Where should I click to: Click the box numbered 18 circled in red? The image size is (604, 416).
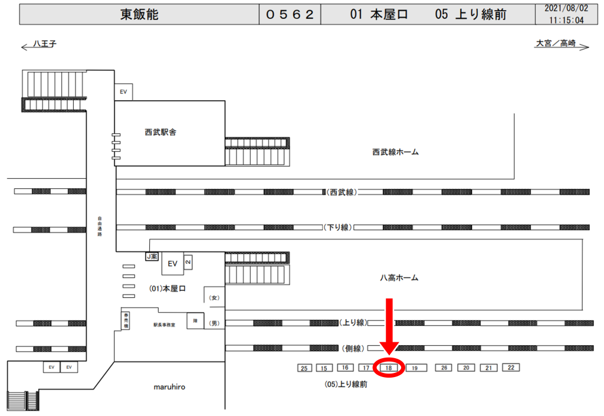coord(389,368)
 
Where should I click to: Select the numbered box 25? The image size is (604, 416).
coord(304,368)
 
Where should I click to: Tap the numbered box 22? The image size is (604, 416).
coord(511,367)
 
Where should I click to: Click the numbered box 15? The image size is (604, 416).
coord(324,368)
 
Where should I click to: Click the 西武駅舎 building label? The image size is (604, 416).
coord(160,133)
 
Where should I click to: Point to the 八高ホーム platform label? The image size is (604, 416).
coord(399,277)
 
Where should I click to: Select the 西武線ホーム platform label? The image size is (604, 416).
coord(395,152)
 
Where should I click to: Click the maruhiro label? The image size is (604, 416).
coord(170,387)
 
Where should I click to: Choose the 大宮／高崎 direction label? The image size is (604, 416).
coord(555,43)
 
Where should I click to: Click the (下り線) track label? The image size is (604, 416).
coord(337,227)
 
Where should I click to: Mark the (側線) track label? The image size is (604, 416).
coord(354,348)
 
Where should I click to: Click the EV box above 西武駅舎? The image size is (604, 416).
coord(124,92)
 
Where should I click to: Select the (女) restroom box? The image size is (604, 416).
coord(215,297)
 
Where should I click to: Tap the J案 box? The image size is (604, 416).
coord(152,257)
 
